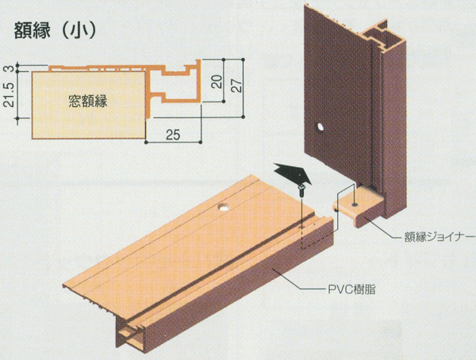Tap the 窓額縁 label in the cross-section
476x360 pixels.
[87, 101]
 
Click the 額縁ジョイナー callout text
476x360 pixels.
[431, 234]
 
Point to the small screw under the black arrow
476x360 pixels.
[301, 190]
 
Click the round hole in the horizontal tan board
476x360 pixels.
[224, 208]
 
